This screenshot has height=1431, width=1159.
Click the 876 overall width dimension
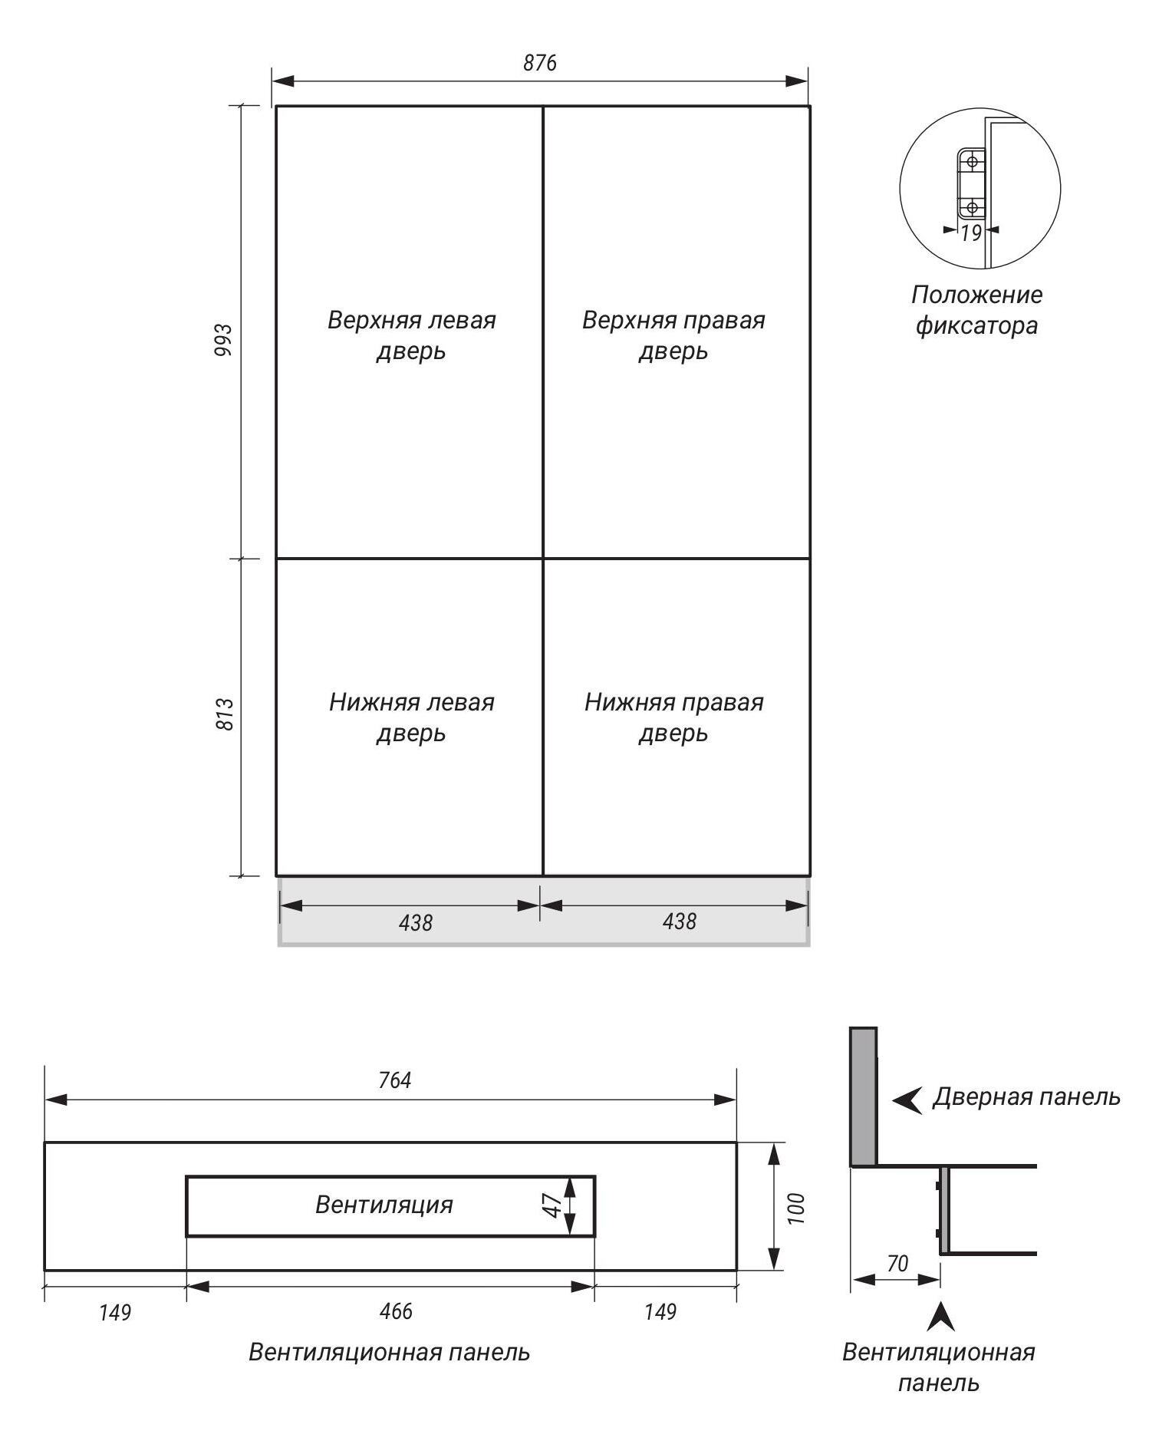(540, 63)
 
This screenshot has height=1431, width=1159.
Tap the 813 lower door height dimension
(225, 714)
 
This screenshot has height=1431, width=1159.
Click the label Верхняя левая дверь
(411, 335)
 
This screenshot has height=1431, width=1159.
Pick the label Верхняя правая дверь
(673, 335)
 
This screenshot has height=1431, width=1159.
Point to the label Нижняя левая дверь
(411, 717)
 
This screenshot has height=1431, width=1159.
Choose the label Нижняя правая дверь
(673, 717)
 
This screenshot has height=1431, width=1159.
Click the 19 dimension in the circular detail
(971, 233)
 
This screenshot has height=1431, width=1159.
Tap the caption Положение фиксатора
(977, 310)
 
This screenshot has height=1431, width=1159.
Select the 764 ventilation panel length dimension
(395, 1080)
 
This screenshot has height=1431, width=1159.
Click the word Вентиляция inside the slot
(384, 1205)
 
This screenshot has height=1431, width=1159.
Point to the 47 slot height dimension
(552, 1205)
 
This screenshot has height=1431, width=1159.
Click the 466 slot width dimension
(396, 1311)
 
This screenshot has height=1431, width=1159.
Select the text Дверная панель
(1026, 1097)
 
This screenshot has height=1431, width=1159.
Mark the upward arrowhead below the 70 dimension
(941, 1317)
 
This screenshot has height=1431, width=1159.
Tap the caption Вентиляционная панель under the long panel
(389, 1352)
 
